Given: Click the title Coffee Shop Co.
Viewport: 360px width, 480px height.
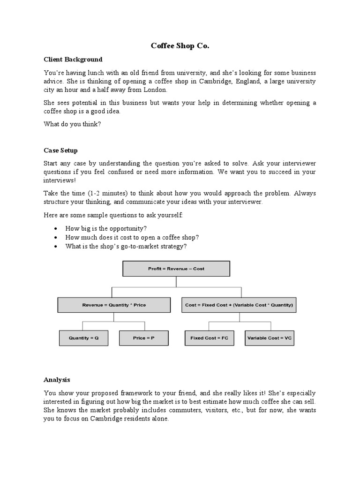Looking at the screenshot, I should [180, 46].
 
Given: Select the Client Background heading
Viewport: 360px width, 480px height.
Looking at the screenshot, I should [73, 60].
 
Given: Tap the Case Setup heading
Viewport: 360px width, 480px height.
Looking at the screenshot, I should [60, 150].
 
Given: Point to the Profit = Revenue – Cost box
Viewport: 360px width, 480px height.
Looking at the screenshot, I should [176, 269].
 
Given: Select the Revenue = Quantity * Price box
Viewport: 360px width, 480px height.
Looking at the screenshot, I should [114, 305].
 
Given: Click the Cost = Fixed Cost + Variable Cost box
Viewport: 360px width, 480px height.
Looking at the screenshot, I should [239, 305].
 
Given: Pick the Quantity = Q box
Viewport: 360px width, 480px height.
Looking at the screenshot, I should [84, 338].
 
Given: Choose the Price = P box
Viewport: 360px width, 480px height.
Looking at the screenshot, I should [143, 338].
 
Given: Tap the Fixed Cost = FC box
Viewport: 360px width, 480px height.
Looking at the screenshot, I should [209, 338].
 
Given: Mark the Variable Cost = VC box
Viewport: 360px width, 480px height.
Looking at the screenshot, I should [270, 338].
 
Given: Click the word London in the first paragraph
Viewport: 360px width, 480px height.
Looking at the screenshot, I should [156, 90].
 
